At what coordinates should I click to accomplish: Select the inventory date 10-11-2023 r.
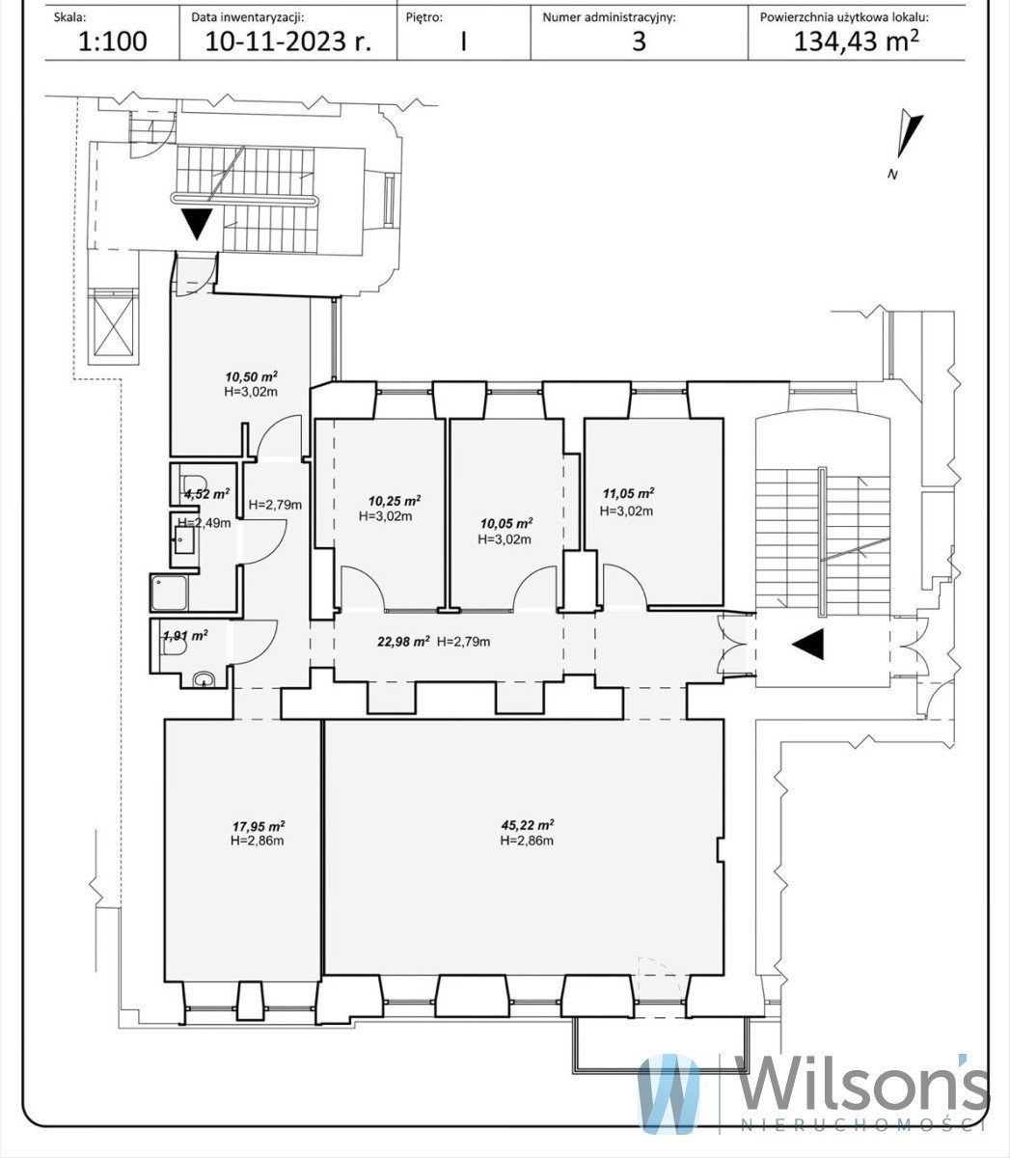(287, 41)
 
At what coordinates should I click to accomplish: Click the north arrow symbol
(907, 136)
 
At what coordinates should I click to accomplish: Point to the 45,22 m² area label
(527, 825)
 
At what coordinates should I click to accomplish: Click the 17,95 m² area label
(257, 826)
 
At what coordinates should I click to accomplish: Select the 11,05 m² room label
(628, 493)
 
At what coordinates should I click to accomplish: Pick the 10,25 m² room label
(394, 501)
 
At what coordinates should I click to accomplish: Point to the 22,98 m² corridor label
(402, 641)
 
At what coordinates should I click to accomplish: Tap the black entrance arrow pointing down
(198, 224)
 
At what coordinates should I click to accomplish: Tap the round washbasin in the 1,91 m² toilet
(202, 679)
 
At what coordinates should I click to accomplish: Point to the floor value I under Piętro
(463, 41)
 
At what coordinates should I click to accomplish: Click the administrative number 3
(639, 41)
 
